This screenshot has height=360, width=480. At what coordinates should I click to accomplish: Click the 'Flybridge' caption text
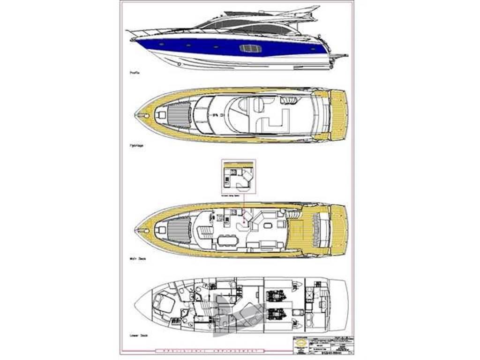click(137, 146)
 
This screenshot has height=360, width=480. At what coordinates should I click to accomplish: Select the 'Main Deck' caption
click(137, 258)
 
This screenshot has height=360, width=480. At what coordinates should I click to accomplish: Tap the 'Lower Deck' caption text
click(138, 336)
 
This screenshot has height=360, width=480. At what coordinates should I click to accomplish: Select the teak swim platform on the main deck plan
click(339, 230)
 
